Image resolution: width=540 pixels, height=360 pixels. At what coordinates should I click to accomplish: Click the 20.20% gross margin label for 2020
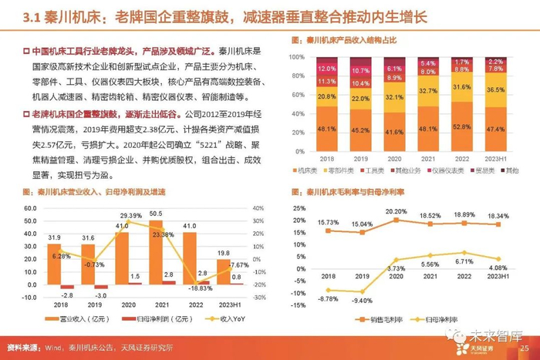[x=396, y=210]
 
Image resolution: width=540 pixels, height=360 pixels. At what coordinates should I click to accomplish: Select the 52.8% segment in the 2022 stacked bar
[x=461, y=128]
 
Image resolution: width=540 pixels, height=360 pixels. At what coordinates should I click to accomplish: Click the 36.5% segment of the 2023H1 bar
[x=496, y=89]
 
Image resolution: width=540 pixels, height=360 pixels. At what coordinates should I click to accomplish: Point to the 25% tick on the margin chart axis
[x=297, y=209]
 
